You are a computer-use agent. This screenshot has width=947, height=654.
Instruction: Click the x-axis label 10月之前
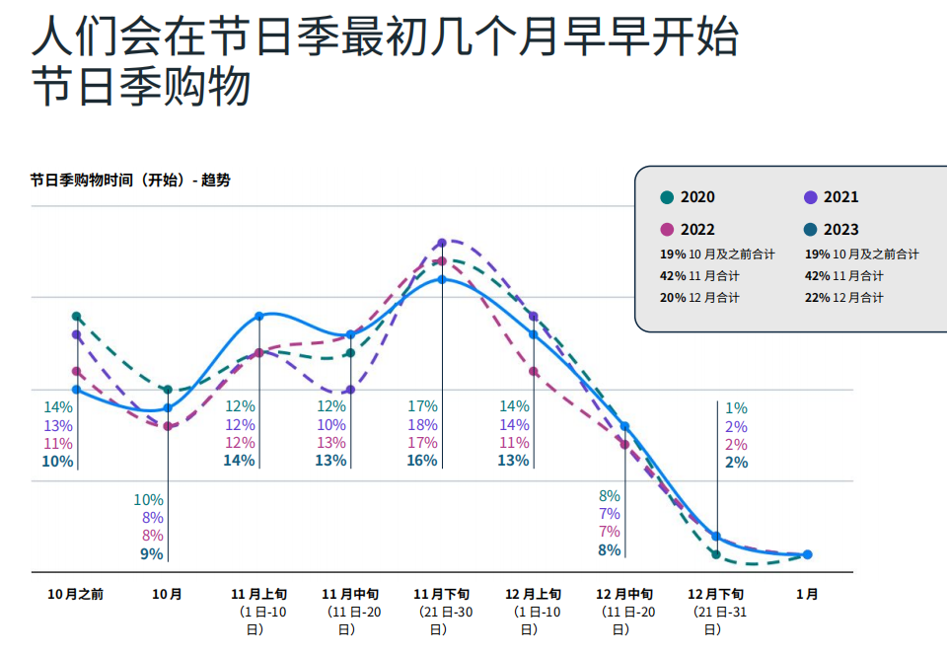point(76,595)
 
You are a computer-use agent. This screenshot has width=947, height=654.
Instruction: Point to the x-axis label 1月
point(807,595)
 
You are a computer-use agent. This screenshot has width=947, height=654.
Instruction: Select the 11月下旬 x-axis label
point(442,595)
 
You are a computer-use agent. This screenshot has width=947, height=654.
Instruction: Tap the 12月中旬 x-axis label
point(624,595)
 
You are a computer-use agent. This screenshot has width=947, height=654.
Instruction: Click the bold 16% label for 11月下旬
point(422,461)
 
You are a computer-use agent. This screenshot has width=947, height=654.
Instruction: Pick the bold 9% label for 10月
point(151,554)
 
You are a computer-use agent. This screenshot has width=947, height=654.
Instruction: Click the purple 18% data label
point(423,425)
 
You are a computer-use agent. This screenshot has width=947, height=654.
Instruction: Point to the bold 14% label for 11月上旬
point(240,461)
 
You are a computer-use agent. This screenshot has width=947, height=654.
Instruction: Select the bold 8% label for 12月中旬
point(610,550)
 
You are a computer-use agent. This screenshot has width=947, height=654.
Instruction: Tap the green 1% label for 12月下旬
point(736,408)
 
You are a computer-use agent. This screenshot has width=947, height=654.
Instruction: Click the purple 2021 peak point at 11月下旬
point(442,242)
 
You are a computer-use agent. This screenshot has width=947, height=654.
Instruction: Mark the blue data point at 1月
point(807,554)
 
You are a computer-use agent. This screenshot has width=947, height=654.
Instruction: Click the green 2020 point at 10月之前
point(77,317)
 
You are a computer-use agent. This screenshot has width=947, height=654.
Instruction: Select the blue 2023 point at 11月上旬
point(259,317)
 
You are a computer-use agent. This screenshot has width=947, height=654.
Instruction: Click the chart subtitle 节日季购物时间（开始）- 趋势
point(130,181)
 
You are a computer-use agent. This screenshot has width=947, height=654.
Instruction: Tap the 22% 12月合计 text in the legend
point(843,298)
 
